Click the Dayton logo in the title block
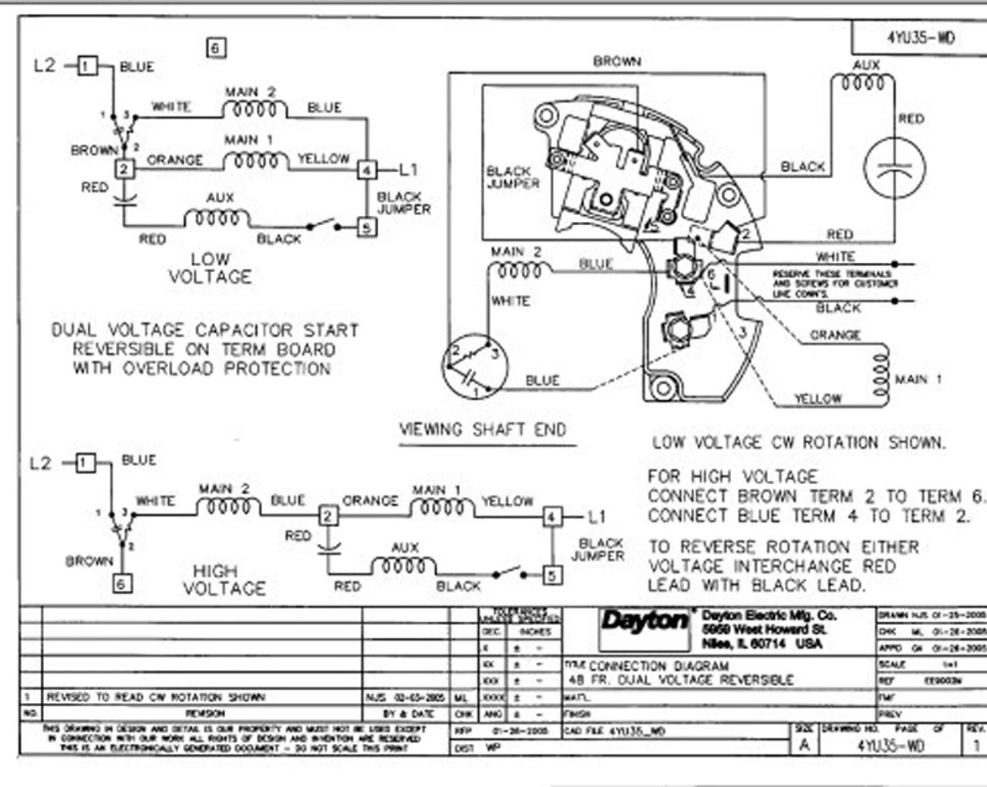pos(645,622)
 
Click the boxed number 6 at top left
pos(216,48)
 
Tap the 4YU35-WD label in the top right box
pos(920,37)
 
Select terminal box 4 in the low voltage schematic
pos(367,170)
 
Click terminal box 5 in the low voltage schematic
pos(366,227)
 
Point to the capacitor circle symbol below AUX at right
pos(894,169)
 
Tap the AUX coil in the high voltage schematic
pos(403,565)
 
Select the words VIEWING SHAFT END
pos(483,430)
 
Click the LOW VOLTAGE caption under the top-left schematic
pos(210,267)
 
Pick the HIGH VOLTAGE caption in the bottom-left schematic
pos(224,580)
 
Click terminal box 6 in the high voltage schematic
pos(122,584)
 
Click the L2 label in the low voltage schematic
pos(45,66)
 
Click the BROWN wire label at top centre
pos(616,61)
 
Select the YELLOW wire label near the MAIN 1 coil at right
pos(818,399)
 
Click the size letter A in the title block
pos(804,745)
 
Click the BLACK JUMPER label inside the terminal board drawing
pos(512,177)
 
